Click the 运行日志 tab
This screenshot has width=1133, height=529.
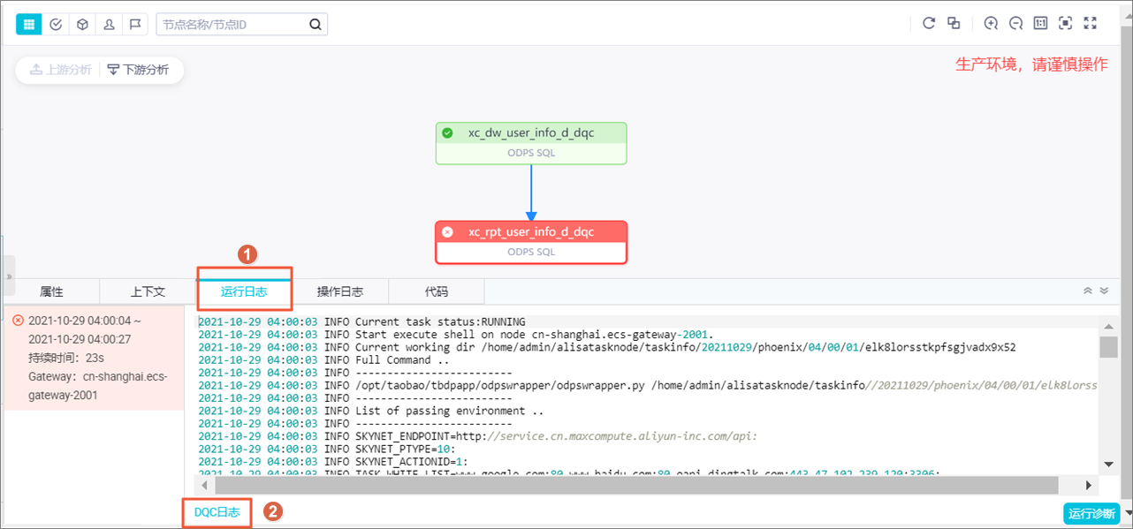(244, 291)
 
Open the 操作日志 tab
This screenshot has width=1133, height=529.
(340, 291)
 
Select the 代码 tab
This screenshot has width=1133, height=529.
(437, 291)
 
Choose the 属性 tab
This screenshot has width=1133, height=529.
(51, 291)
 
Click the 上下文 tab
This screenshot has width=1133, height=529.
(148, 291)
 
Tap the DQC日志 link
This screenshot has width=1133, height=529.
(217, 512)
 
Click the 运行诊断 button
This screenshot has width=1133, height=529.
(1092, 513)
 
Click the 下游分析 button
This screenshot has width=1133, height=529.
(139, 70)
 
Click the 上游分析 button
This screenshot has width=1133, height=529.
(60, 70)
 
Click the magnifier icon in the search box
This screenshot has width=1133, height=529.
(316, 24)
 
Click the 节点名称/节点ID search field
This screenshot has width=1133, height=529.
(232, 24)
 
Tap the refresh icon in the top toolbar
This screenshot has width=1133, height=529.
(929, 24)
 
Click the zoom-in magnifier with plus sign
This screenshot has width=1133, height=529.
(991, 24)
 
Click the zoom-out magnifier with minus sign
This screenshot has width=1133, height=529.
(1015, 24)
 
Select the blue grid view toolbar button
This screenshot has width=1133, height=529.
(29, 24)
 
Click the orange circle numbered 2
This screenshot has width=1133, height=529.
(274, 511)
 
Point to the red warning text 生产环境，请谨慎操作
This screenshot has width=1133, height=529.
(1031, 64)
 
